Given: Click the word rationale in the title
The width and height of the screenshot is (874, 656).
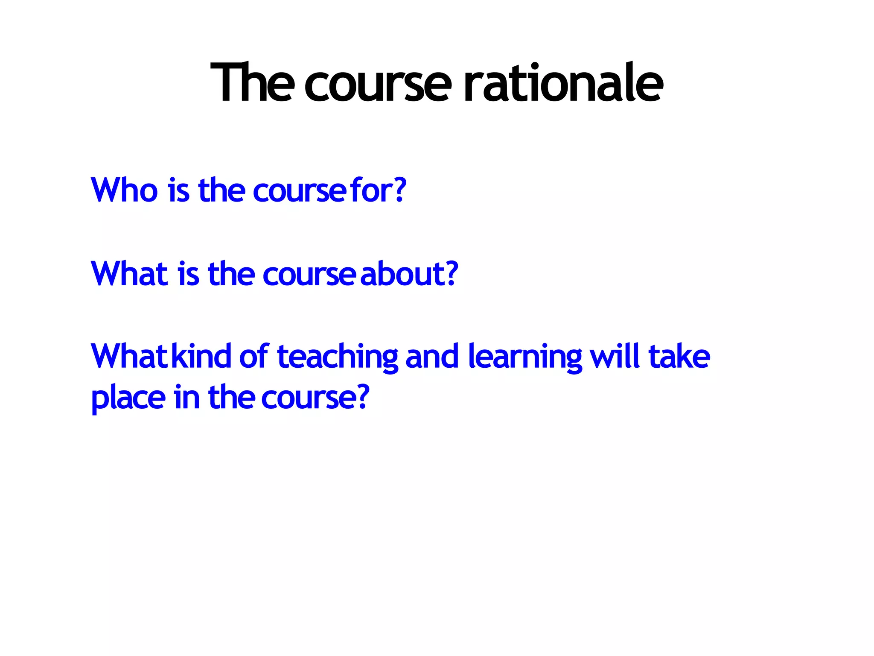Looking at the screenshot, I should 563,83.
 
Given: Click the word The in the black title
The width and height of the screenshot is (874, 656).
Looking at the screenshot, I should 252,83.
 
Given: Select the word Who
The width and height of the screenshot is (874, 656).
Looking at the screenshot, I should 124,190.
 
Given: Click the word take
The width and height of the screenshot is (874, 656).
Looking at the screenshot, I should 679,357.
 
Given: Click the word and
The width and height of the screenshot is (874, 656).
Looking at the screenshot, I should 432,357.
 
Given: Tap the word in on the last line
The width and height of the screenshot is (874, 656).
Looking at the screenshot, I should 186,397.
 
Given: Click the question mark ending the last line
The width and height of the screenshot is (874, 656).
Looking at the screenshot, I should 362,397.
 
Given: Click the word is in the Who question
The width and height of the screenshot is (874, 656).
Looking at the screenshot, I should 178,190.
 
